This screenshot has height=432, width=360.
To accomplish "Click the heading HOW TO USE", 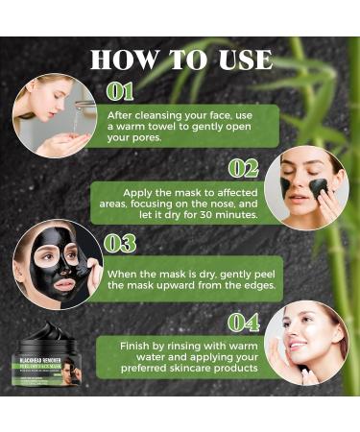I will coord(180,60).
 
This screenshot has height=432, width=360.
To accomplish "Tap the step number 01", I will coord(120,92).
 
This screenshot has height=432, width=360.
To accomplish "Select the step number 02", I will coord(243,168).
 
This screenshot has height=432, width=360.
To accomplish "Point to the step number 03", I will coord(120,243).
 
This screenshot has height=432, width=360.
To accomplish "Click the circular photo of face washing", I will coord(55,116).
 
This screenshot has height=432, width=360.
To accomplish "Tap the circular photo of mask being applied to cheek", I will coord(306,187).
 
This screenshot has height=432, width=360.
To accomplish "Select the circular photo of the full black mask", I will coord(55,264).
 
